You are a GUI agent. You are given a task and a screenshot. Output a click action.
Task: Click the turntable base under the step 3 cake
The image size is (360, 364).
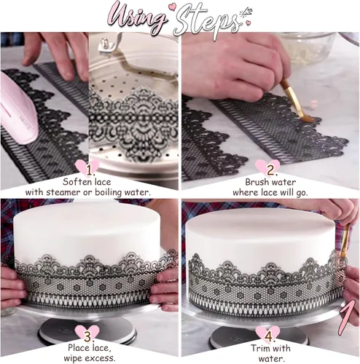87,320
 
